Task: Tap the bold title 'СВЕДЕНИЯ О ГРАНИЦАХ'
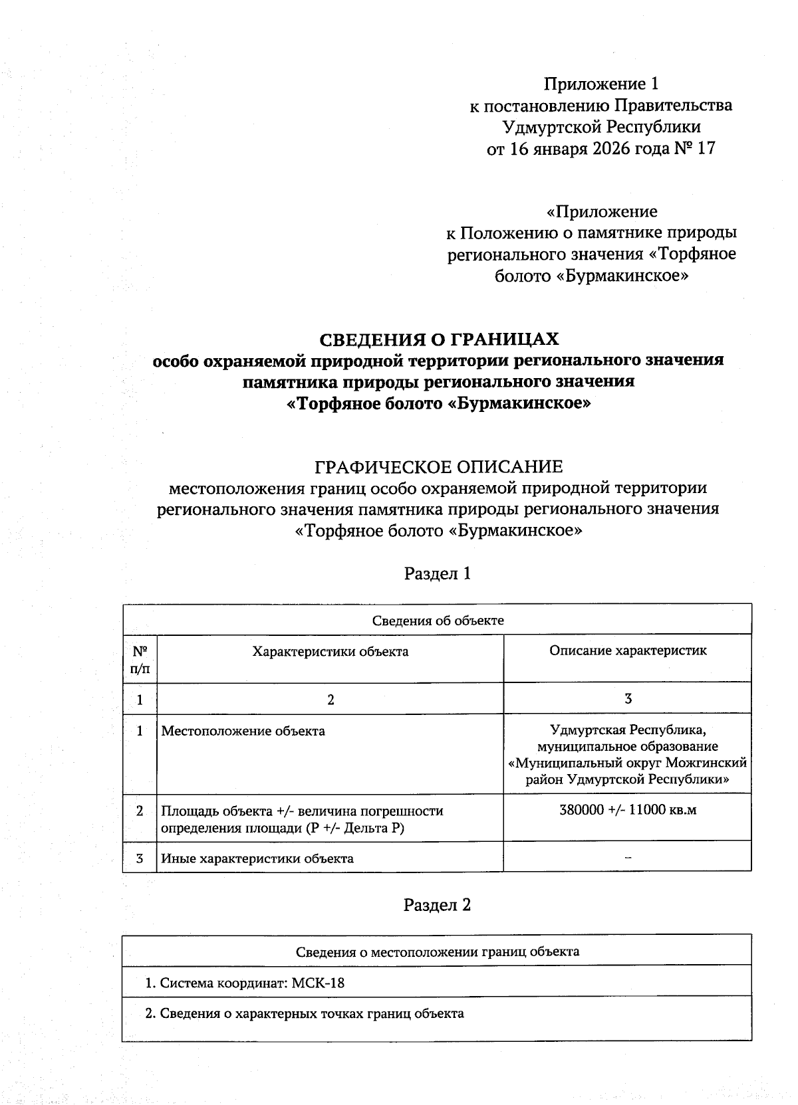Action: tap(439, 340)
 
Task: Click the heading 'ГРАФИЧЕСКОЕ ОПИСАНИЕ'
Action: tap(438, 466)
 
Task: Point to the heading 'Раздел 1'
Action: tap(438, 573)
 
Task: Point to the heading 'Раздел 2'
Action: tap(438, 904)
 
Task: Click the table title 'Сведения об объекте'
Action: tap(438, 621)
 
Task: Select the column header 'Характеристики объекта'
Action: tap(331, 651)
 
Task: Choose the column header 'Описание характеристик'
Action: tap(628, 651)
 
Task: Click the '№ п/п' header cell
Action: tap(140, 659)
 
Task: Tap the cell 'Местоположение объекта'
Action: tap(243, 731)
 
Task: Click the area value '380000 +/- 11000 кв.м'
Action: tap(628, 810)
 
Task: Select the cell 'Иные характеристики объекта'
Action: tap(257, 858)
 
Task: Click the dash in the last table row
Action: tap(628, 856)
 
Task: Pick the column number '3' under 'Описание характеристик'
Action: tap(628, 698)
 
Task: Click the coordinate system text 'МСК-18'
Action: tap(319, 983)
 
